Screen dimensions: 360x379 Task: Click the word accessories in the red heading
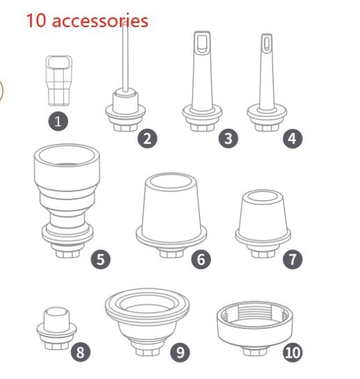coord(100,21)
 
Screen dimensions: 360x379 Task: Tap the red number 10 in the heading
coord(36,21)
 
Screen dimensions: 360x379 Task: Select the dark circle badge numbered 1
coord(58,121)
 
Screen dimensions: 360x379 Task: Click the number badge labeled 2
coord(147,139)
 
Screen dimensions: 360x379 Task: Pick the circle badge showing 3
coord(228,138)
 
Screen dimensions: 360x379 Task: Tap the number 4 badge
coord(292,138)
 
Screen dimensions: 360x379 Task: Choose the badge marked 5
coord(101,259)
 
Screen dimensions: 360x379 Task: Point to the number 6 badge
coord(201,259)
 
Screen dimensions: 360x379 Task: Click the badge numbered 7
coord(292,259)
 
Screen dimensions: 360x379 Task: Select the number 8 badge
coord(81,352)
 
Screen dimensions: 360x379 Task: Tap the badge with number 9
coord(180,352)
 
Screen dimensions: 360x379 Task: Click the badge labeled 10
coord(292,352)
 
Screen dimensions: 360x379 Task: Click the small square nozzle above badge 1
coord(58,81)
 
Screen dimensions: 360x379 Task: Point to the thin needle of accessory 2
coord(125,57)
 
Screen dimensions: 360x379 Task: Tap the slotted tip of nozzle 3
coord(202,42)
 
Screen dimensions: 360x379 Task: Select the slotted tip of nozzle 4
coord(266,43)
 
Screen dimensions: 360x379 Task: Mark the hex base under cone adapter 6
coord(171,253)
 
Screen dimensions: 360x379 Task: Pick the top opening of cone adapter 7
coord(263,196)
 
